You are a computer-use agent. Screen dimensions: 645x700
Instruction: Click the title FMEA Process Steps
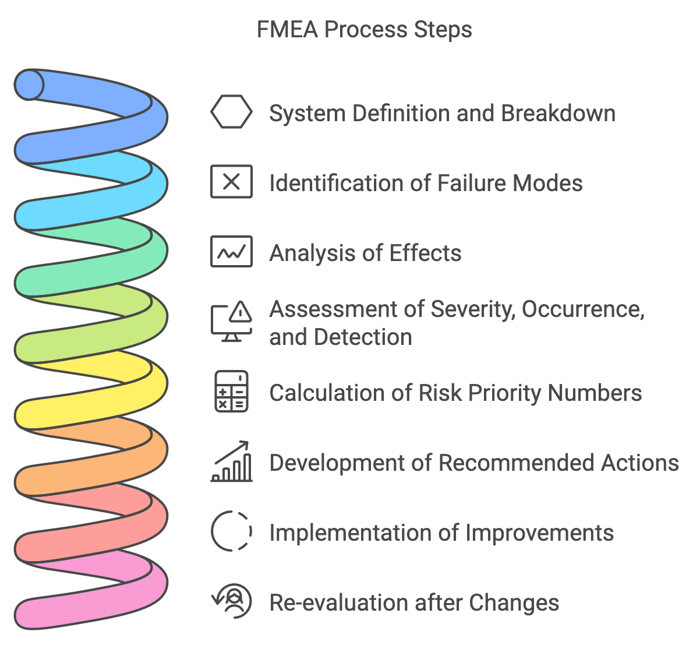tap(364, 29)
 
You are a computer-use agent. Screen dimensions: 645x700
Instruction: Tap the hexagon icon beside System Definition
tap(231, 112)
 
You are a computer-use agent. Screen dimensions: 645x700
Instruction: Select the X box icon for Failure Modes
tap(231, 182)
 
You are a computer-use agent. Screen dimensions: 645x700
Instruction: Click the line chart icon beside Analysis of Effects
tap(231, 252)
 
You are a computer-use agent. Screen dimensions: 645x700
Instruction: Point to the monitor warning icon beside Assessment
tap(231, 322)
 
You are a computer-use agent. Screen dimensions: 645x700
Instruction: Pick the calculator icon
tap(231, 392)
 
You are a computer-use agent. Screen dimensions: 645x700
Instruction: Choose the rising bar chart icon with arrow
tap(231, 461)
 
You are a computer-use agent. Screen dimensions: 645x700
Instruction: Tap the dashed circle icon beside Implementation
tap(231, 531)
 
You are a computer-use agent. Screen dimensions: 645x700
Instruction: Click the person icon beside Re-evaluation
tap(231, 601)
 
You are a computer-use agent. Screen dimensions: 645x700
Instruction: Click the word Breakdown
tap(557, 113)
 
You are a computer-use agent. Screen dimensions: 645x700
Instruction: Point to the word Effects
tap(425, 253)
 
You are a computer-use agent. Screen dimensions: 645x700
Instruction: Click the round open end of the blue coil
tap(29, 85)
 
